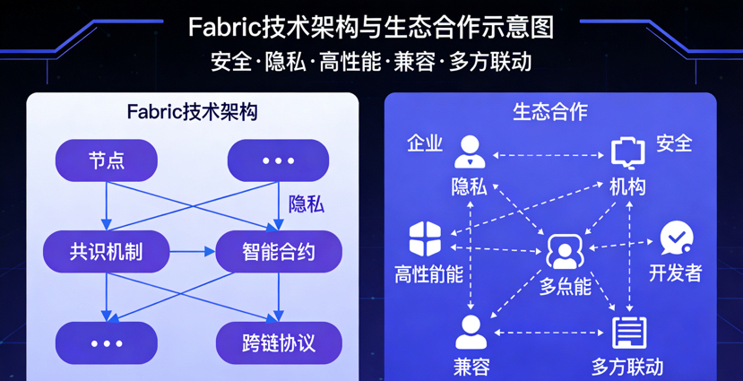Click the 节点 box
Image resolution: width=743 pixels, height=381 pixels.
pyautogui.click(x=106, y=160)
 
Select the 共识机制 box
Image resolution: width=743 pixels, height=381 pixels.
pyautogui.click(x=106, y=252)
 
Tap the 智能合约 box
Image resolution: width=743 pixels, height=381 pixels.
pyautogui.click(x=279, y=252)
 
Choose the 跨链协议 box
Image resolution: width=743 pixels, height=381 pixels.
pyautogui.click(x=279, y=343)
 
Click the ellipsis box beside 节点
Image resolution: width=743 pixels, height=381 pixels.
pyautogui.click(x=279, y=160)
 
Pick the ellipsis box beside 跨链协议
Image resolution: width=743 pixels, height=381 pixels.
pyautogui.click(x=106, y=343)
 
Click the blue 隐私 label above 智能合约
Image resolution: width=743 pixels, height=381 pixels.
pyautogui.click(x=306, y=204)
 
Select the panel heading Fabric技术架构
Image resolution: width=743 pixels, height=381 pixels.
pyautogui.click(x=193, y=112)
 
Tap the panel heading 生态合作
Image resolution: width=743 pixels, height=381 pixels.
pyautogui.click(x=550, y=112)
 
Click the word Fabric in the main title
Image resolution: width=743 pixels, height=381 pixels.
pyautogui.click(x=223, y=27)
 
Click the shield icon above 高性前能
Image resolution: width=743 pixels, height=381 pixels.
pyautogui.click(x=425, y=239)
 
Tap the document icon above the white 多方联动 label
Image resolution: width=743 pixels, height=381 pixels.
pyautogui.click(x=628, y=333)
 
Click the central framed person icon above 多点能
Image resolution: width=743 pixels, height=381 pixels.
pyautogui.click(x=565, y=252)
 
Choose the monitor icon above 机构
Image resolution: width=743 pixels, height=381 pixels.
pyautogui.click(x=628, y=153)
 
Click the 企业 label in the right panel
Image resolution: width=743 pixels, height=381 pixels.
pyautogui.click(x=425, y=143)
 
